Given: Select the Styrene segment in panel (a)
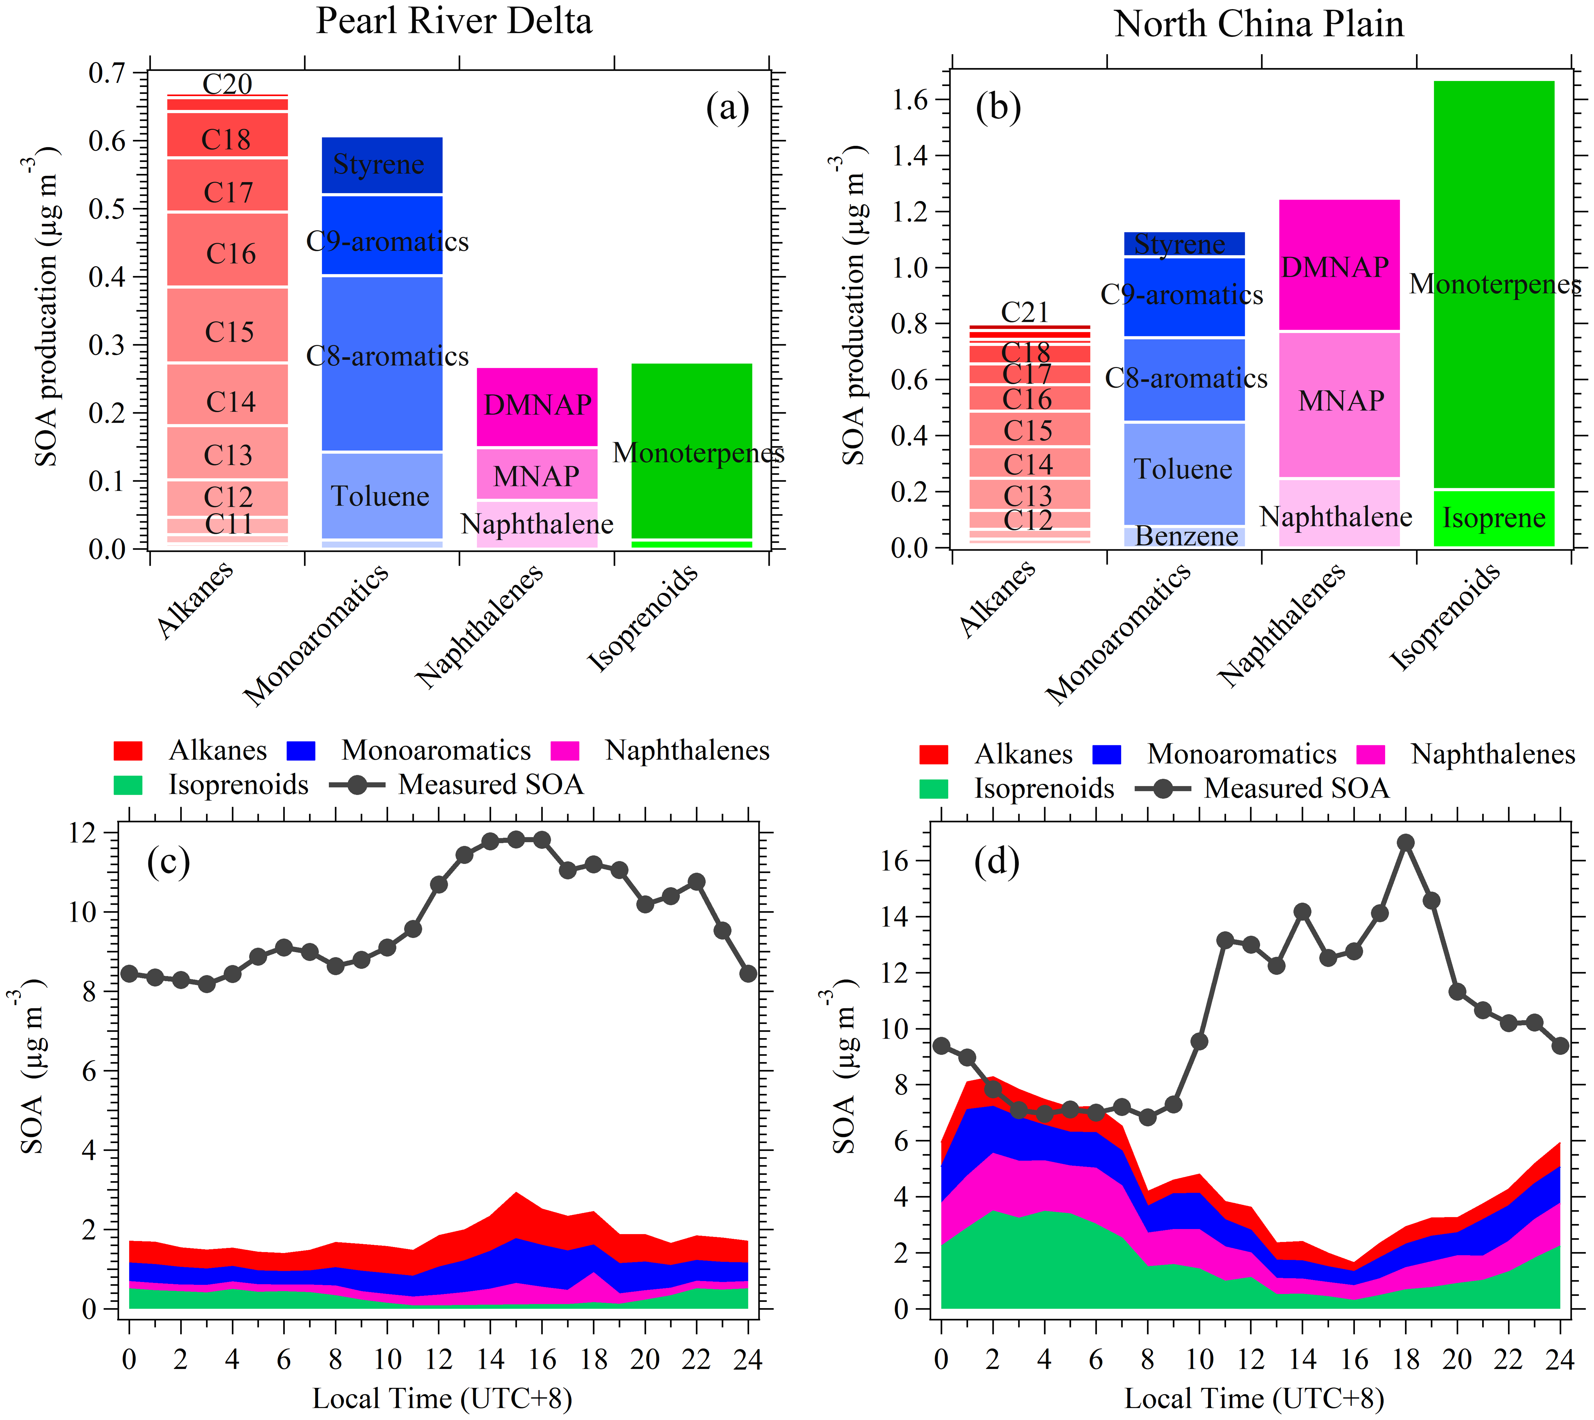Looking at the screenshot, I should tap(381, 165).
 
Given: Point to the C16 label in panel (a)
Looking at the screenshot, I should tap(230, 254).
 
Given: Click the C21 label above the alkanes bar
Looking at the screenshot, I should tap(1025, 312).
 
